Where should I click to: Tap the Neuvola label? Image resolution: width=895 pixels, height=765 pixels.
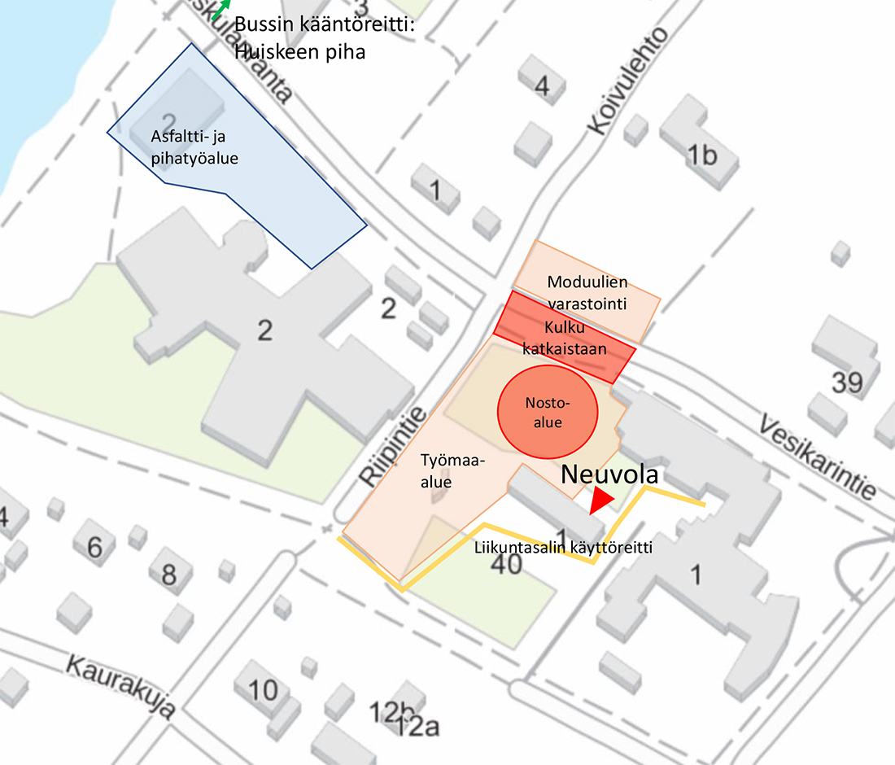[x=609, y=474]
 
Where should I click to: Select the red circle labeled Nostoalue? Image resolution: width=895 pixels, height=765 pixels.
[x=547, y=413]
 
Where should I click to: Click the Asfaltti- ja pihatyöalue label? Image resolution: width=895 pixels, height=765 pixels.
[x=194, y=147]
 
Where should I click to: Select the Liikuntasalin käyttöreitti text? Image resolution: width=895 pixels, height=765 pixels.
[x=563, y=547]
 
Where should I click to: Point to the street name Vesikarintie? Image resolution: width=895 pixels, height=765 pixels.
[x=817, y=457]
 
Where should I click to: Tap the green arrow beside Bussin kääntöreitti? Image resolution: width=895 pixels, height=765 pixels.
[x=217, y=9]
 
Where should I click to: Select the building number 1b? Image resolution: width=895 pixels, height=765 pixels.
[x=702, y=155]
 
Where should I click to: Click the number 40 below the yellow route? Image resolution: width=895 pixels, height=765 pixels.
[x=507, y=563]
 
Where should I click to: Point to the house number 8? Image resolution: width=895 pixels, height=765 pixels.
[x=168, y=575]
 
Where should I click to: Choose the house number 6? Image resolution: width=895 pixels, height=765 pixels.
[x=95, y=547]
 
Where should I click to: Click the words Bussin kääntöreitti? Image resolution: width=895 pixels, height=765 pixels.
[x=325, y=25]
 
